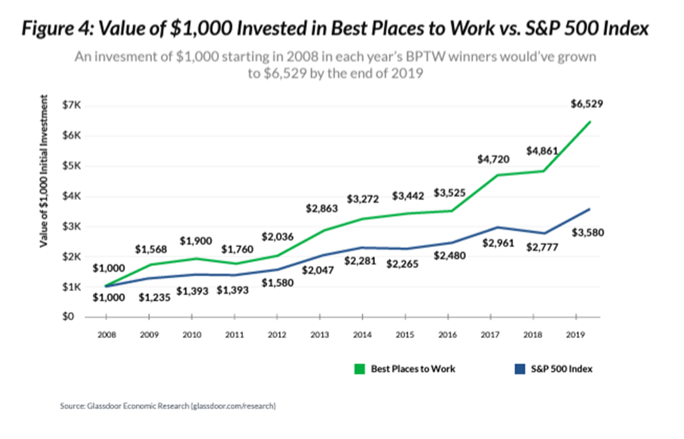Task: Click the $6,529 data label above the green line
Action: [587, 104]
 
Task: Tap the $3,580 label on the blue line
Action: [588, 233]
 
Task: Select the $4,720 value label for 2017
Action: [493, 159]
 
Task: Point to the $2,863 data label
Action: [322, 209]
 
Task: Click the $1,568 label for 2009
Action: [151, 249]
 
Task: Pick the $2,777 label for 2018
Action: [542, 248]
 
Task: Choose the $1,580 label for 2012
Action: [278, 283]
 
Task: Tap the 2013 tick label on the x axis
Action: [320, 335]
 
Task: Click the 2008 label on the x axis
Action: [106, 335]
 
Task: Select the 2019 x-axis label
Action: [576, 335]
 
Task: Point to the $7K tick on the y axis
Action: [72, 105]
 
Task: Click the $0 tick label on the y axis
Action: [68, 317]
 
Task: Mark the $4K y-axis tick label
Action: [72, 196]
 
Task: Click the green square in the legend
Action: [359, 369]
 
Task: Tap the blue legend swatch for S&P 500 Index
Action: [519, 369]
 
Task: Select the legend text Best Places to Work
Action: [413, 369]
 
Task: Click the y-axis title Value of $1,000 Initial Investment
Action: [44, 171]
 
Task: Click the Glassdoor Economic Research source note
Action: [168, 406]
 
